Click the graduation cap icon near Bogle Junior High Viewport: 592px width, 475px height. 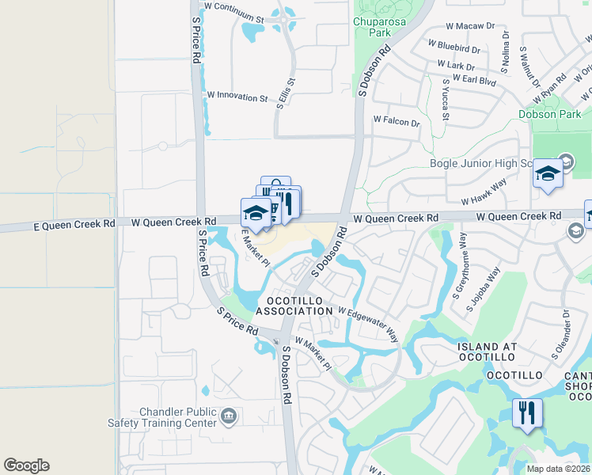click(x=547, y=173)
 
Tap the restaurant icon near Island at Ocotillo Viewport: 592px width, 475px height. click(x=527, y=412)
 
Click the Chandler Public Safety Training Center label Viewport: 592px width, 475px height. click(x=177, y=418)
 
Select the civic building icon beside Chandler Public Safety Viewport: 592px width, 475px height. click(x=229, y=415)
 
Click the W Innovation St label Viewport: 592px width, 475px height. click(x=237, y=97)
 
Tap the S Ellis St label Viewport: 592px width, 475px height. click(x=285, y=93)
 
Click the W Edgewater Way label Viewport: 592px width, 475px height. click(x=368, y=322)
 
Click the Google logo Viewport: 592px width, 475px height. click(x=26, y=465)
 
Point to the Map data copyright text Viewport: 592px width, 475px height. click(x=558, y=469)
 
